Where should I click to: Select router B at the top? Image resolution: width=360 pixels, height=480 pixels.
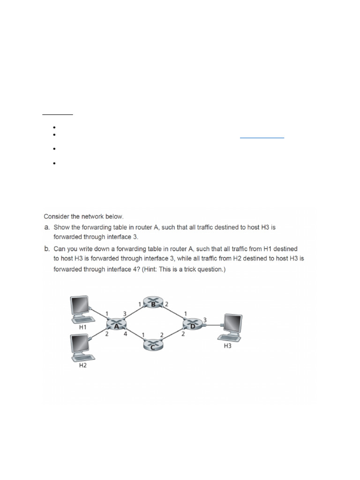[x=152, y=304]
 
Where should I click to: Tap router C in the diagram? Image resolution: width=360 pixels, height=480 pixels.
[x=152, y=345]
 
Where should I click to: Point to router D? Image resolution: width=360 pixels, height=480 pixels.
[x=192, y=324]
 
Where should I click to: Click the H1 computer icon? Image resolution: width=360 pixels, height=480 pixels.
[x=80, y=309]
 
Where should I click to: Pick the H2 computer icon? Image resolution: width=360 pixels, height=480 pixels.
[x=80, y=348]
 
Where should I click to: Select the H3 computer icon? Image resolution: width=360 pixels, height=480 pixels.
[x=232, y=328]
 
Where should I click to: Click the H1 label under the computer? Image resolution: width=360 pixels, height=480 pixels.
[x=82, y=327]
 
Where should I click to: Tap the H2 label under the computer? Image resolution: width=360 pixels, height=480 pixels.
[x=82, y=366]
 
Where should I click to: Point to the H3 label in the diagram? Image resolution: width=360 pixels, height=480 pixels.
[x=228, y=346]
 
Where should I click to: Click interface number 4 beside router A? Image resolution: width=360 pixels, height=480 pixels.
[x=125, y=334]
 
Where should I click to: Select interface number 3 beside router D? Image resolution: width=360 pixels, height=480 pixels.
[x=205, y=319]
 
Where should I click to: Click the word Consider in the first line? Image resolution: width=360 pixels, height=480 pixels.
[x=56, y=217]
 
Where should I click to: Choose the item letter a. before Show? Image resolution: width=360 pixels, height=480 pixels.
[x=47, y=227]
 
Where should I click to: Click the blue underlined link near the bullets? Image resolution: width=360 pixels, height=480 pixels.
[x=262, y=137]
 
